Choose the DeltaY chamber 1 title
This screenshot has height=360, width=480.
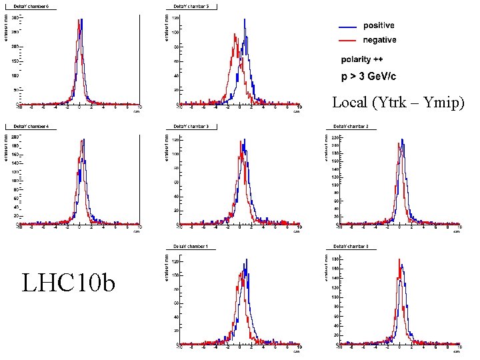pyautogui.click(x=190, y=247)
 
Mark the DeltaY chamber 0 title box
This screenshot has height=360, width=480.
pyautogui.click(x=350, y=247)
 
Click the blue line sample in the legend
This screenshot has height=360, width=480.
pyautogui.click(x=347, y=27)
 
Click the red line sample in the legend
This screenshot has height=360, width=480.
pyautogui.click(x=347, y=41)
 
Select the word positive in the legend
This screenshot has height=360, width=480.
pyautogui.click(x=379, y=26)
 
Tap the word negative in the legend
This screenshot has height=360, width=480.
pyautogui.click(x=379, y=40)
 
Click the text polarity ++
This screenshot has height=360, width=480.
pyautogui.click(x=366, y=59)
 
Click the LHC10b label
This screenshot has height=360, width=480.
pyautogui.click(x=68, y=283)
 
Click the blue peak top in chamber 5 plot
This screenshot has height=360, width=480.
pyautogui.click(x=245, y=20)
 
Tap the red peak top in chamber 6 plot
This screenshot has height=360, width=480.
pyautogui.click(x=79, y=20)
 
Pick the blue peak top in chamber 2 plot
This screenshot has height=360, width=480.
pyautogui.click(x=402, y=139)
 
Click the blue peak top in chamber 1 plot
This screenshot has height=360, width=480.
pyautogui.click(x=245, y=259)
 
